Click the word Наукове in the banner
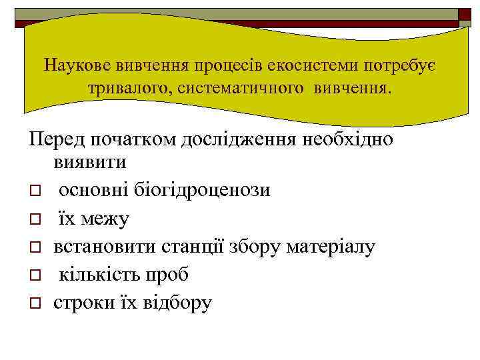coord(79,65)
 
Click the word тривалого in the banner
coord(128,89)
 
